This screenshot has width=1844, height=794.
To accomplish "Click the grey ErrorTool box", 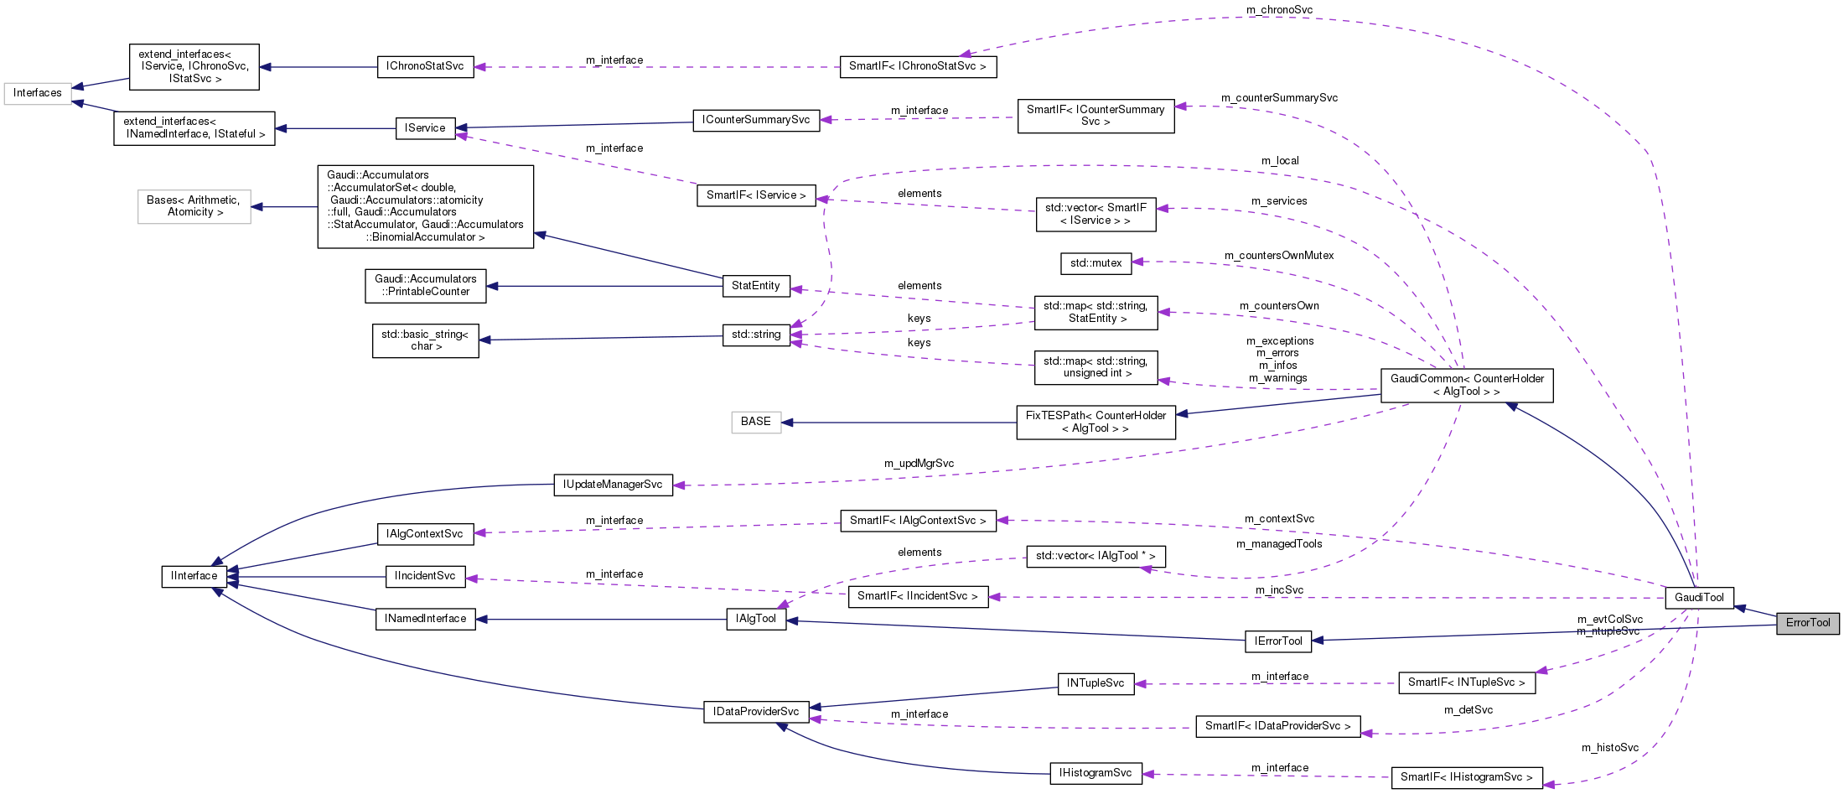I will coord(1807,623).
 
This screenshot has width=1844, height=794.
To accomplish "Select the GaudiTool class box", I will coord(1699,598).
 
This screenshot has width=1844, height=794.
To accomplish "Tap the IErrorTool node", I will coord(1278,641).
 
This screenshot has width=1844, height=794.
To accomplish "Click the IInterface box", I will coord(194,576).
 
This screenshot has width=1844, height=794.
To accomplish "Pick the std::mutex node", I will coord(1096,263).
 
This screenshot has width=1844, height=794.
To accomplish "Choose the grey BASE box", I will coord(755,422).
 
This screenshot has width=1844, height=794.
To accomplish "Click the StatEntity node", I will coord(755,286).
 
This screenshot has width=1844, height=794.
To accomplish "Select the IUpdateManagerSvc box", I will coord(613,485).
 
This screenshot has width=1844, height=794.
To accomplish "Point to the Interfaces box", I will coord(37,93).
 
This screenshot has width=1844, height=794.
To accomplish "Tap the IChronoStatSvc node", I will coord(425,66).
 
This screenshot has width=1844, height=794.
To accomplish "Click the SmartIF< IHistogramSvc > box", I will coord(1466,777).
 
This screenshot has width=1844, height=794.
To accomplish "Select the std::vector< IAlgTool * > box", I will coord(1096,556).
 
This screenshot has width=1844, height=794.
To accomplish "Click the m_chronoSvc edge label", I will coord(1279,10).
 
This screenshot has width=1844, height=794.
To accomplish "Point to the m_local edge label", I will coord(1280,161).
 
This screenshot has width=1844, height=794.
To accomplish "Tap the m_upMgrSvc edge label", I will coord(919,464).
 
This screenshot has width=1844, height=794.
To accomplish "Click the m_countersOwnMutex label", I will coord(1278,256).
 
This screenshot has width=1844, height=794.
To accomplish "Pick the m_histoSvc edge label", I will coord(1609,748).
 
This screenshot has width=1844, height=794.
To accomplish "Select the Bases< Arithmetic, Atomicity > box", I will coord(194,206).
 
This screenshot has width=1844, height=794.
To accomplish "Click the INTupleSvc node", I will coord(1096,683).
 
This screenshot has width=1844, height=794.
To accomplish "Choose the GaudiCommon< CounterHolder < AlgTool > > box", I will coord(1467,385).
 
